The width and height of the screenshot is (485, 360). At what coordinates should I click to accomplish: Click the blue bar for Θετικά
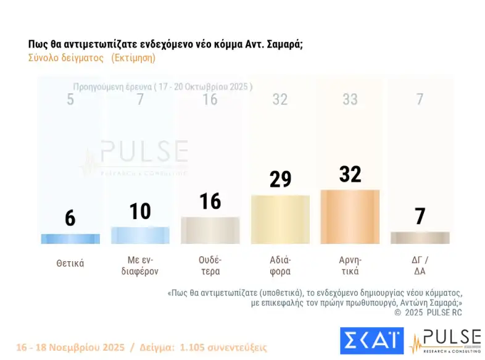click(x=70, y=239)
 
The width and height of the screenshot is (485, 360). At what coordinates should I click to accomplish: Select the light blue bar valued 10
click(x=140, y=235)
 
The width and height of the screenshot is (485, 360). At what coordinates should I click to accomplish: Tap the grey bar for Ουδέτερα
click(x=210, y=230)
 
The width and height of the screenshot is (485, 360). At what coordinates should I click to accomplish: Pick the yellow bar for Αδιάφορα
click(x=280, y=219)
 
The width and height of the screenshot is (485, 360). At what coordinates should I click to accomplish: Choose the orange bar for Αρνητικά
click(x=350, y=217)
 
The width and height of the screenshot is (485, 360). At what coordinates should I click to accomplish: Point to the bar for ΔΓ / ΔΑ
click(x=420, y=238)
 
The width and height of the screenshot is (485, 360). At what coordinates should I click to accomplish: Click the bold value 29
click(x=280, y=180)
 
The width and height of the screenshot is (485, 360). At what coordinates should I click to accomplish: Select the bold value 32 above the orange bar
click(x=350, y=174)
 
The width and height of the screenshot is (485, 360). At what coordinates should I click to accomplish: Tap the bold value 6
click(x=70, y=218)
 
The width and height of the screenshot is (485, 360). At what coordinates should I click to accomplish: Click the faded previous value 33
click(x=350, y=99)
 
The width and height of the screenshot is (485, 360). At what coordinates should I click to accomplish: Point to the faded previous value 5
click(x=70, y=99)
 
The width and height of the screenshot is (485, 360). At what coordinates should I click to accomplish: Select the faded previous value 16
click(x=210, y=99)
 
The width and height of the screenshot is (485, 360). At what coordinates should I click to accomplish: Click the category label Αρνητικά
click(x=350, y=266)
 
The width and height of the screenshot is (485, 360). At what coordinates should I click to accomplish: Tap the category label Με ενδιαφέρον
click(x=140, y=266)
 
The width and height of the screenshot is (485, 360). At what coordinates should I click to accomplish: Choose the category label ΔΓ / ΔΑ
click(x=420, y=266)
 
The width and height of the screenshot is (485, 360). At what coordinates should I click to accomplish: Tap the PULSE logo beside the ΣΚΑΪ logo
click(x=446, y=341)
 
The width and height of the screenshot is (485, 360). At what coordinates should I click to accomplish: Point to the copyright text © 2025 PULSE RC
click(x=428, y=312)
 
